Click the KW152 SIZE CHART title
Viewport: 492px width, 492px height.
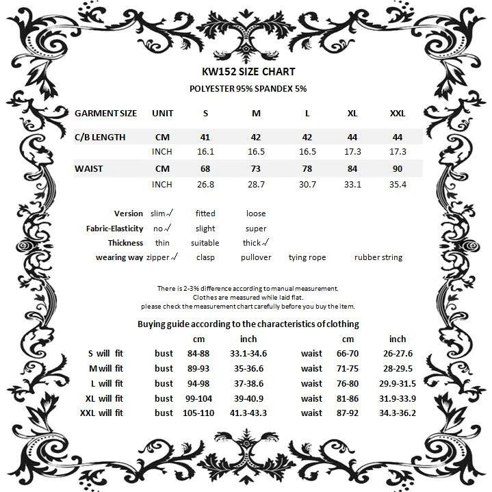[248, 71]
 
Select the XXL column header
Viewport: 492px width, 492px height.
[397, 113]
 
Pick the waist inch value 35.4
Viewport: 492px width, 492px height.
[397, 184]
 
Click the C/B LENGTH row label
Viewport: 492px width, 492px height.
[100, 137]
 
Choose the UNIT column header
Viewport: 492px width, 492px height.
[162, 113]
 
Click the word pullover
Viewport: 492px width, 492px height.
[256, 257]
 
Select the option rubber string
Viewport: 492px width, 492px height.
[378, 257]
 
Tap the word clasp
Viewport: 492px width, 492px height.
[205, 257]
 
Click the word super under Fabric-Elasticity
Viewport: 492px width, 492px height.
[256, 229]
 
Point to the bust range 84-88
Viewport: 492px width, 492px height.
[198, 353]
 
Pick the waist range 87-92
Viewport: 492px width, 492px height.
[348, 413]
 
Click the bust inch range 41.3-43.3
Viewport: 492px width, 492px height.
[248, 413]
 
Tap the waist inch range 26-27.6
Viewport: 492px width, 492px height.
[397, 353]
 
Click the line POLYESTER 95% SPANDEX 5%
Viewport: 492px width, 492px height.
[248, 89]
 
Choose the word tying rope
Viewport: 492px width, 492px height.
[307, 257]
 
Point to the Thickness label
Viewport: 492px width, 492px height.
[125, 243]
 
